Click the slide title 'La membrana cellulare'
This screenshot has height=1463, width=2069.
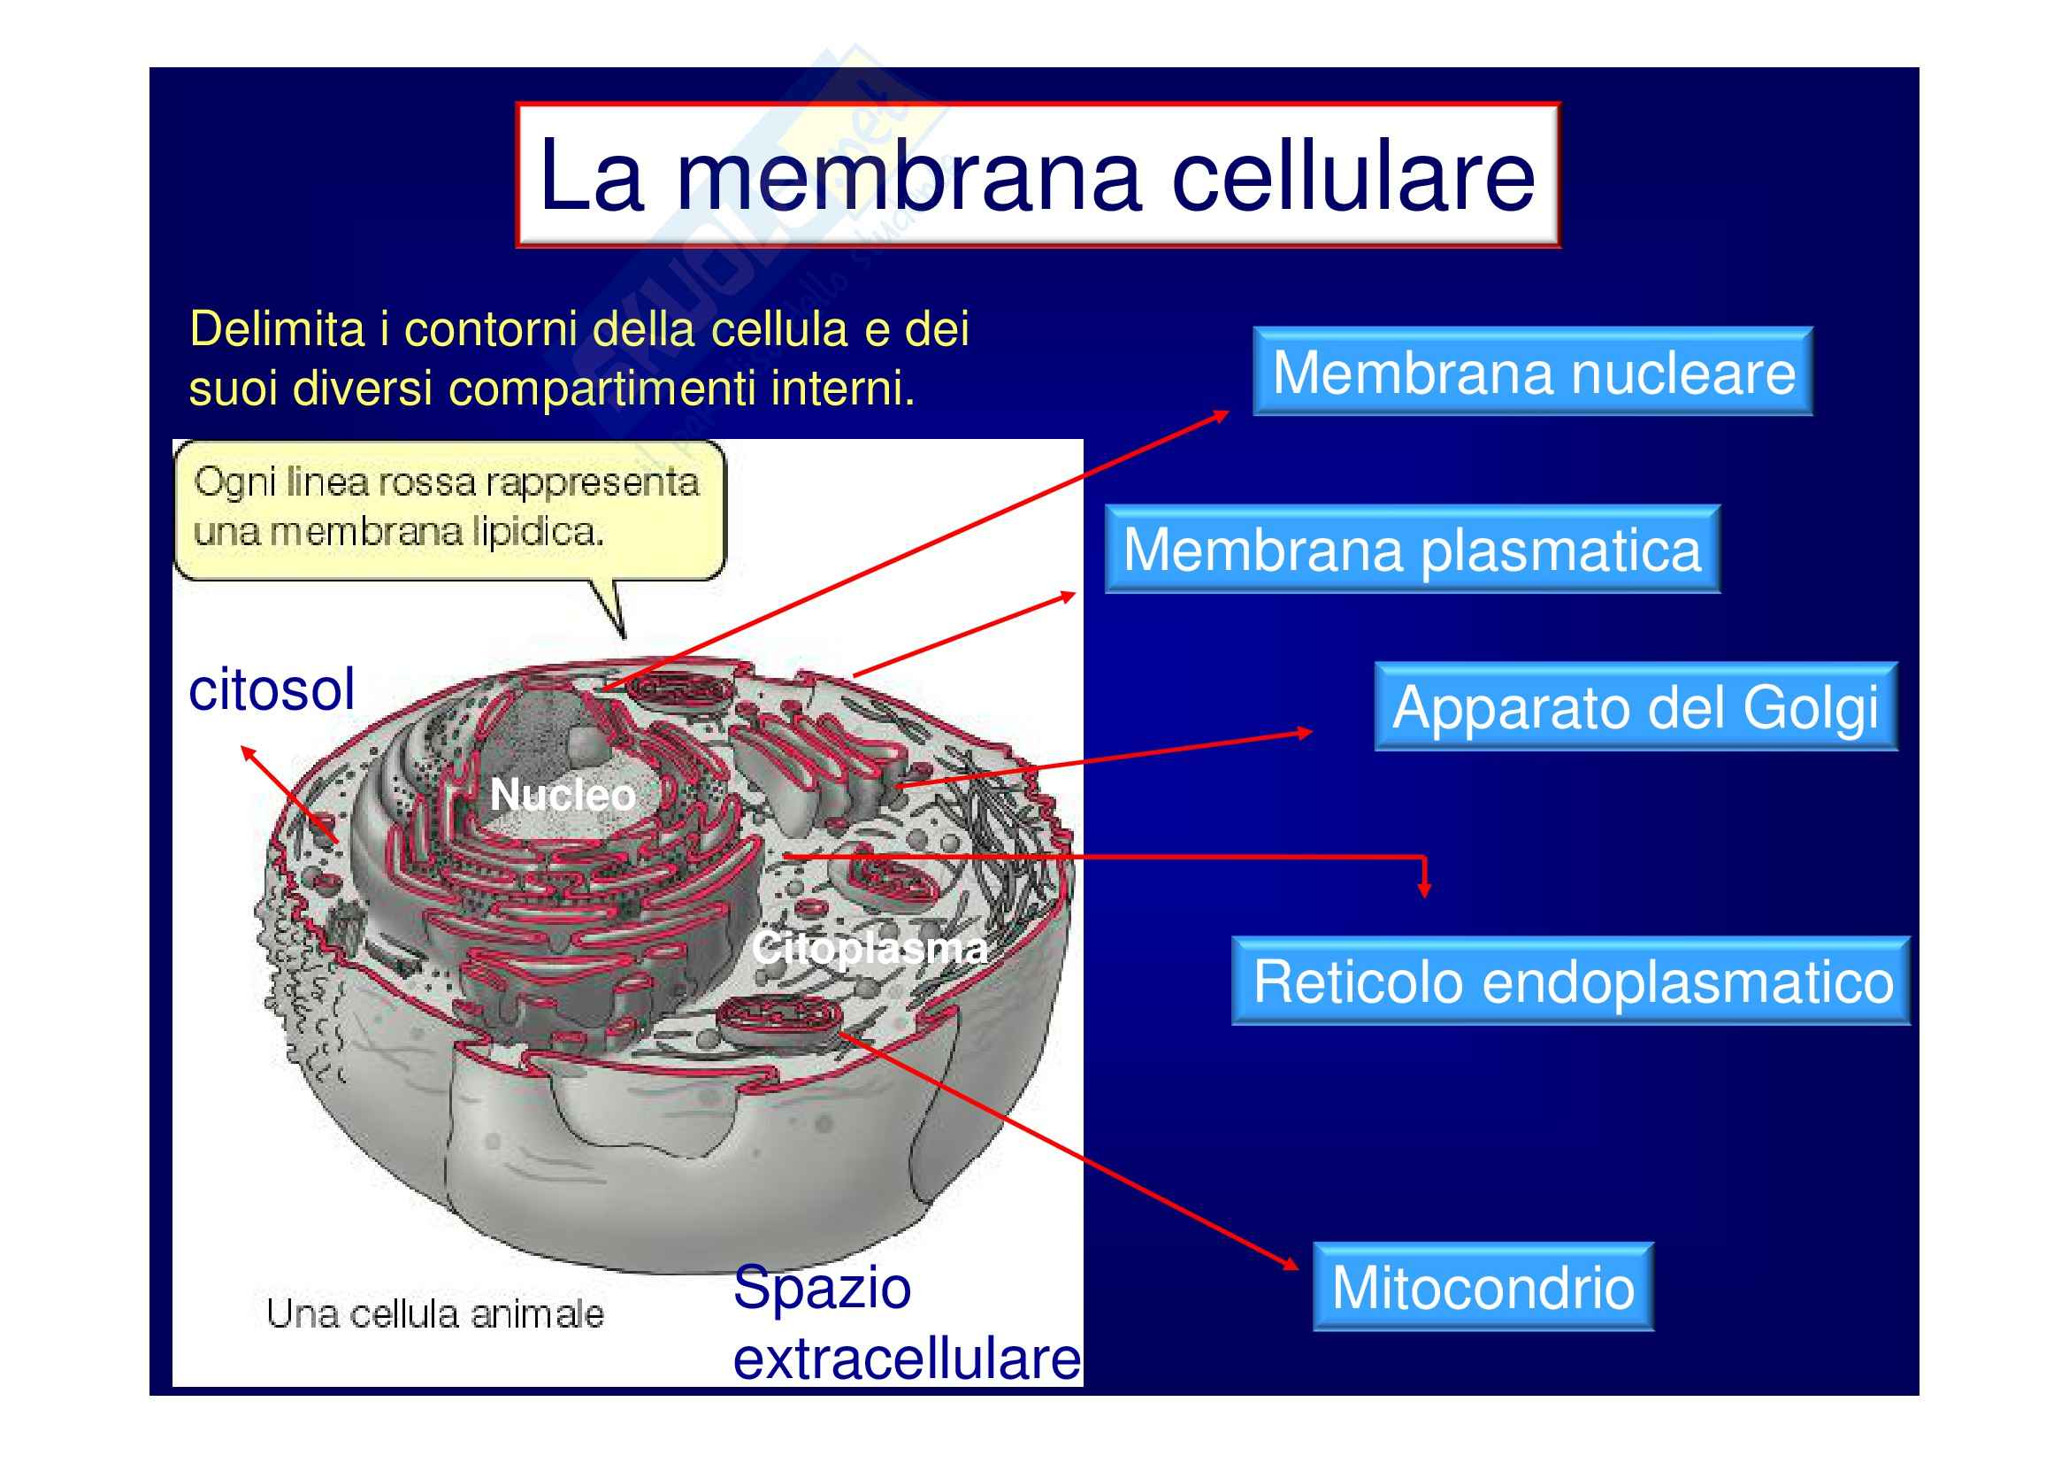pos(1038,176)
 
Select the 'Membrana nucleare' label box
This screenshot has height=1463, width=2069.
pos(1533,372)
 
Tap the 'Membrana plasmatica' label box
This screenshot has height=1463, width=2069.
pos(1412,549)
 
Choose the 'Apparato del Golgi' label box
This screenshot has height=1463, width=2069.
pos(1636,706)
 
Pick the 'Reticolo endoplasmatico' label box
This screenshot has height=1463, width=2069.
pos(1571,981)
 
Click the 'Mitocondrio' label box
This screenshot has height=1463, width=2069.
pos(1483,1286)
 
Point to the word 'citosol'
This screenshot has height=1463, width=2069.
pos(272,689)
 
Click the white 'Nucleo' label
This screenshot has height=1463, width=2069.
pos(563,795)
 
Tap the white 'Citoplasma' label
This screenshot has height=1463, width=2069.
pos(870,948)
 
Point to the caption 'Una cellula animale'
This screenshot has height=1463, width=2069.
pos(435,1314)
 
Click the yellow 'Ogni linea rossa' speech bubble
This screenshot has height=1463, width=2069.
pos(448,509)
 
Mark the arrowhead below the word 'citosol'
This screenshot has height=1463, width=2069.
pos(249,752)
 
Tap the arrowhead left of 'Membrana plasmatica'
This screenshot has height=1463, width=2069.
pos(1067,596)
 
